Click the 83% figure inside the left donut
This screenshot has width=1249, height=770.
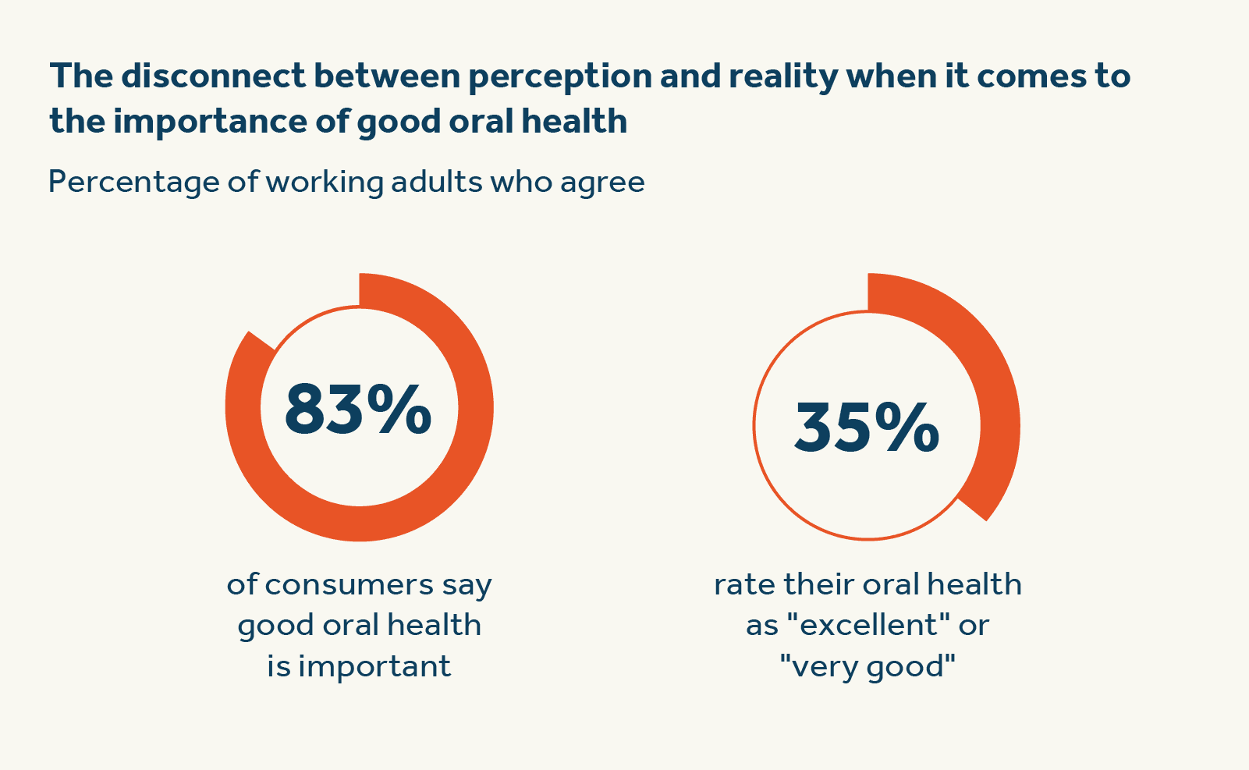358,409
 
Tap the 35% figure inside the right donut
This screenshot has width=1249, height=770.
867,428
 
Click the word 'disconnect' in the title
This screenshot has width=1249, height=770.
212,76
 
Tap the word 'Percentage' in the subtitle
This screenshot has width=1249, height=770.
133,183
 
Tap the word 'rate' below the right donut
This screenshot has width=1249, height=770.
744,584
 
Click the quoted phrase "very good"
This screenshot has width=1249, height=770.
868,666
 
